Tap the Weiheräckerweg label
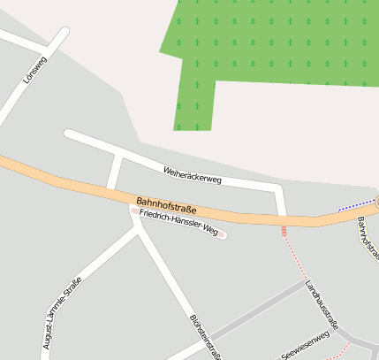click(192, 174)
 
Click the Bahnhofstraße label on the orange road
click(166, 206)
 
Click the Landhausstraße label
click(322, 304)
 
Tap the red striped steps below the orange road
click(284, 231)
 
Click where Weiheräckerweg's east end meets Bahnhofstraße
click(283, 216)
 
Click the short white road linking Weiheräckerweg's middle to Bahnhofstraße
click(114, 171)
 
